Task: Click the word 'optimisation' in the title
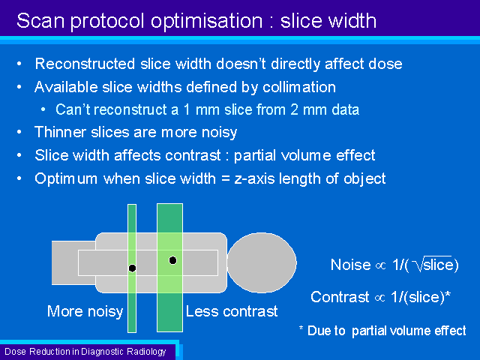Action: click(207, 22)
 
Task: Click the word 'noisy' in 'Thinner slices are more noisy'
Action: click(220, 133)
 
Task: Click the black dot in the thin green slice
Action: click(132, 268)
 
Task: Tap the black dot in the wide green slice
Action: click(172, 260)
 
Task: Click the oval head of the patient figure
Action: click(262, 262)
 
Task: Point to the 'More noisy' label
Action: click(85, 312)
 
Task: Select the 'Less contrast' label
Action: click(232, 312)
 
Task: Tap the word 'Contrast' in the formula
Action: click(340, 297)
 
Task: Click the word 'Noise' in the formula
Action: click(350, 265)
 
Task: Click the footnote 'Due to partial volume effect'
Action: click(387, 331)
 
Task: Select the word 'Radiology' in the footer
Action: click(146, 352)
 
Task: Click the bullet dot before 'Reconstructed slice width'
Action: click(19, 64)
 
